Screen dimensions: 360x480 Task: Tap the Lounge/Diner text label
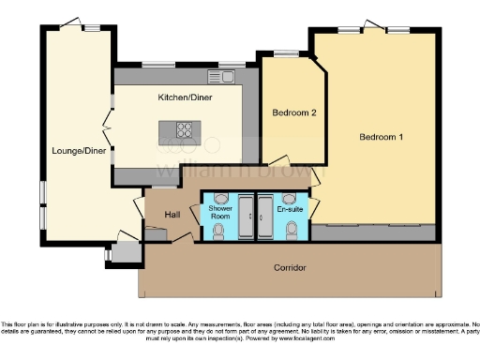[79, 150]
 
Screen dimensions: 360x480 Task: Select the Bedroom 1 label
[382, 138]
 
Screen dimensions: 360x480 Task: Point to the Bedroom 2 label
[293, 112]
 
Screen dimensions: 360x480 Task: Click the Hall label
[172, 215]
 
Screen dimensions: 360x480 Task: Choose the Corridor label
[290, 268]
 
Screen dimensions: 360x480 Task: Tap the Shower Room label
[220, 212]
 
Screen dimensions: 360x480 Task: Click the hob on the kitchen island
[182, 131]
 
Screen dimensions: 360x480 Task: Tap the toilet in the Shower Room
[218, 231]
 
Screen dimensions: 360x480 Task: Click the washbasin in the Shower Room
[221, 197]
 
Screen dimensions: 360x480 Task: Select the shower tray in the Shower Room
[246, 217]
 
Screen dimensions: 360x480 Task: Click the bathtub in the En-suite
[264, 217]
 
